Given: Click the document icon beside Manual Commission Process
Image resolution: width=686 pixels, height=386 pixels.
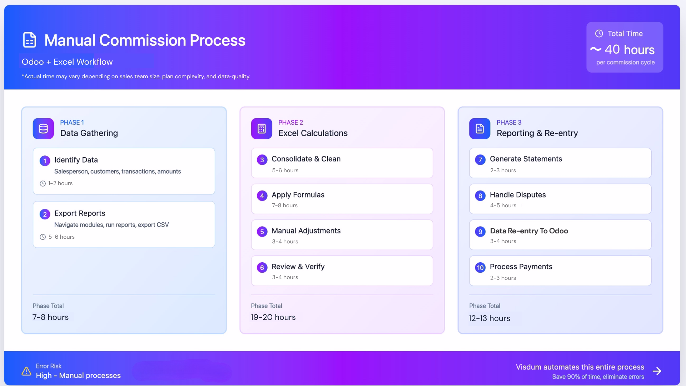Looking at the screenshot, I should pos(29,40).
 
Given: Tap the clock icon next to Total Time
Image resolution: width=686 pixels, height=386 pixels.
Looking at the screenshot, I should pos(599,34).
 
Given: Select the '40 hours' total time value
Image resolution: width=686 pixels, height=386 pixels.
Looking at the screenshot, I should pos(629,50).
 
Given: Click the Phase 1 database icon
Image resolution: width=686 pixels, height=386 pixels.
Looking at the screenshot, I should pos(43,129).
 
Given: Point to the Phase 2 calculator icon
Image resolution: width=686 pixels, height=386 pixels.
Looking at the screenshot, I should pos(262,129).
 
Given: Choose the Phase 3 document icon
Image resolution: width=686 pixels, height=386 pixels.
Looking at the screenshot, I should pos(479,129).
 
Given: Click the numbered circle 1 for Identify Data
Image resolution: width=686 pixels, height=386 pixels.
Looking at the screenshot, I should pos(45,161).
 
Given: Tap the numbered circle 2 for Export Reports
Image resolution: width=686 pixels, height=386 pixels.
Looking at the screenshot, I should pos(45,214).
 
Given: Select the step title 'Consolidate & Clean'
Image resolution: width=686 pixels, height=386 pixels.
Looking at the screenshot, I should pos(306,159).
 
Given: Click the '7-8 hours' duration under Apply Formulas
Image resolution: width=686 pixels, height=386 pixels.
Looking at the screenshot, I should pos(285,206).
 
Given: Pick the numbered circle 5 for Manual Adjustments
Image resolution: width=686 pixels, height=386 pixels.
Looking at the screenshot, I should pos(262,232).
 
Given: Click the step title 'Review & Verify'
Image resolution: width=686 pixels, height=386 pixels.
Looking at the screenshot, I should pos(298,267).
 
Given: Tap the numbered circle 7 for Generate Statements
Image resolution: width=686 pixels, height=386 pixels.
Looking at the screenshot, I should pos(480,160).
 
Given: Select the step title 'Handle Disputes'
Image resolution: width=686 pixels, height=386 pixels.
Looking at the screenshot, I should pos(518,195).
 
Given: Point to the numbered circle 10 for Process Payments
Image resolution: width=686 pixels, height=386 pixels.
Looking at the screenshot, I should pos(480,268).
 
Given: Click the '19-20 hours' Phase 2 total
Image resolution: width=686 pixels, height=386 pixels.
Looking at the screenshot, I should pos(273,317).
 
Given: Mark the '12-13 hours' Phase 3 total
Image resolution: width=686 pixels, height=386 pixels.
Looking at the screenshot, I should pos(489,318).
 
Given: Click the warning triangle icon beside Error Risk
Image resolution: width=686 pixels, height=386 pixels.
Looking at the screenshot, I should pos(26,371).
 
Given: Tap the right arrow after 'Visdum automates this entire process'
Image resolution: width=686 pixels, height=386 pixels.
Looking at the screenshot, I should pos(657,371).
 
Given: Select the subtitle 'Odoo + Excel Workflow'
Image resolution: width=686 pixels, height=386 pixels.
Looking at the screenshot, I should pos(67,62).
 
